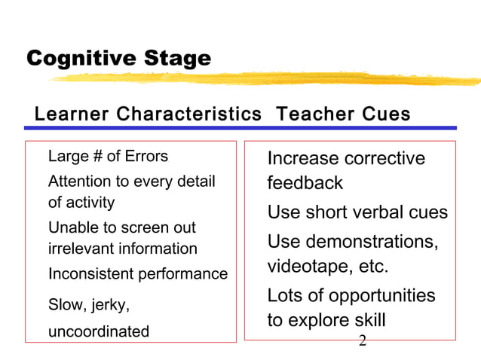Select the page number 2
pyautogui.click(x=363, y=341)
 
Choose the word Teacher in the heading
pyautogui.click(x=311, y=114)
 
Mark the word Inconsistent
pyautogui.click(x=91, y=273)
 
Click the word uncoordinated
pyautogui.click(x=99, y=331)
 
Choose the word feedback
pyautogui.click(x=305, y=183)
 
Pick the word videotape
pyautogui.click(x=305, y=267)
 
